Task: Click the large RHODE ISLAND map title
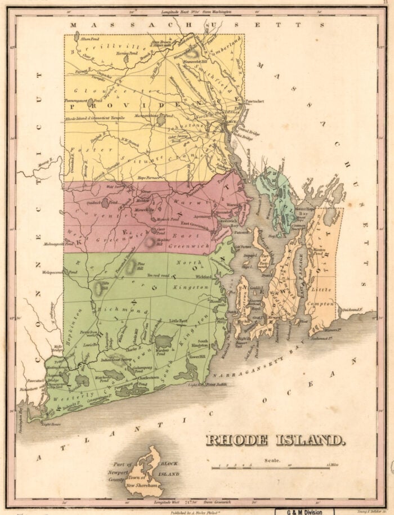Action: (275, 439)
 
